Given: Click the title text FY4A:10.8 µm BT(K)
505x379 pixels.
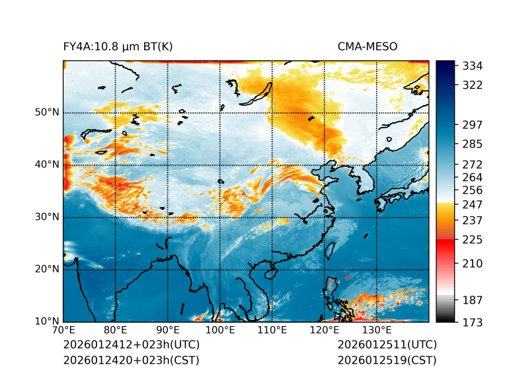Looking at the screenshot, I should [x=118, y=46].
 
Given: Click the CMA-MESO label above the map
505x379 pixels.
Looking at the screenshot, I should [x=368, y=46].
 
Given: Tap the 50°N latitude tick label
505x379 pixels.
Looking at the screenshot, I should [x=47, y=112].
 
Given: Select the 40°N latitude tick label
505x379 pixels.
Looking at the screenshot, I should [x=47, y=165].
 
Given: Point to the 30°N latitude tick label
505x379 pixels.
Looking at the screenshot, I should [x=47, y=217].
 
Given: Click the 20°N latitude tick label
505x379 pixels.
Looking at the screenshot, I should [x=47, y=269].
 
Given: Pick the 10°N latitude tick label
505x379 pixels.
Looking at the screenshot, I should [x=47, y=321].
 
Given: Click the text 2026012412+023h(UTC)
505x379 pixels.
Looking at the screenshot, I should [x=131, y=345].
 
